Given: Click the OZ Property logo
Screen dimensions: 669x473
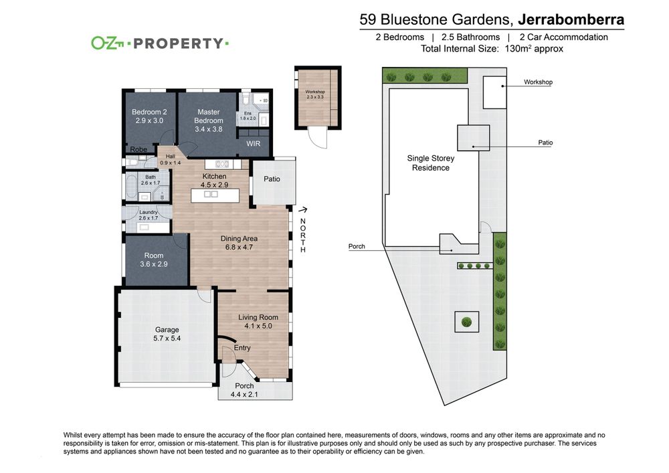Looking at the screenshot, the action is [x=160, y=43].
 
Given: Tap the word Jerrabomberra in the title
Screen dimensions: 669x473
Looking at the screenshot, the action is [x=571, y=19].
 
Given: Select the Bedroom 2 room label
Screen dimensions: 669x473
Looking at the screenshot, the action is [x=149, y=112].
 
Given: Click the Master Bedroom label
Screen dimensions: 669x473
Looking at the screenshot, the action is [x=209, y=116].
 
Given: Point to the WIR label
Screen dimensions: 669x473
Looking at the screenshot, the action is [x=253, y=144].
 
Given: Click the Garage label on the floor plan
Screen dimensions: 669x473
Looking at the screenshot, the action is [x=167, y=330].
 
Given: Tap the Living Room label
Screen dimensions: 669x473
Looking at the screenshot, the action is [x=258, y=317].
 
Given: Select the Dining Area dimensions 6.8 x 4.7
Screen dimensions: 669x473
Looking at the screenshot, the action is [x=239, y=247].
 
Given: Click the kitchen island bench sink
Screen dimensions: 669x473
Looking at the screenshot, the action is [x=211, y=195].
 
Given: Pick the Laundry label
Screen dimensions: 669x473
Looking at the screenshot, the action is [x=149, y=212].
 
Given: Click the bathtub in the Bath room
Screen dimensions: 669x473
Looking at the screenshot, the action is [x=130, y=187].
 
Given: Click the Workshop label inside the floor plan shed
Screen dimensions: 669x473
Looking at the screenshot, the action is [x=315, y=92].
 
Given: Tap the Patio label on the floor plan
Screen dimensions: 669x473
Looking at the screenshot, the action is [x=272, y=179].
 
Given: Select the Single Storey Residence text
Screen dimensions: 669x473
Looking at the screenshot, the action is [x=430, y=163].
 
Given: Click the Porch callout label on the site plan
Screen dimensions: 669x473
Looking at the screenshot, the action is [x=357, y=246].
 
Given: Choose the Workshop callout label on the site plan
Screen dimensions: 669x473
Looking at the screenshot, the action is [x=538, y=82].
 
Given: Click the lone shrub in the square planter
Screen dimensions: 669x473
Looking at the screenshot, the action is [x=467, y=322].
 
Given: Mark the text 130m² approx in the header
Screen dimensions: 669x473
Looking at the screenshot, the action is [x=534, y=49].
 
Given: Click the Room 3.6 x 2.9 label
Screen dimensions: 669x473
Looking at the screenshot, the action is [x=154, y=260].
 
